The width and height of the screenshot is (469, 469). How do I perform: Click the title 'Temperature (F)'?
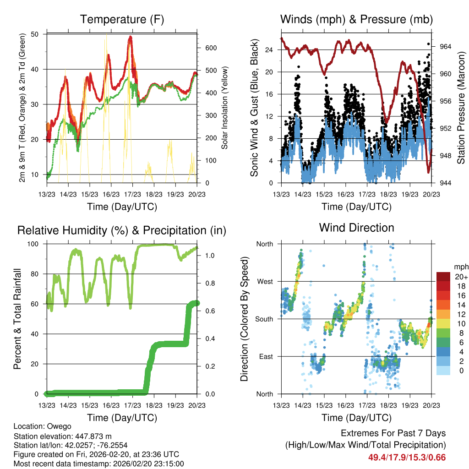122,20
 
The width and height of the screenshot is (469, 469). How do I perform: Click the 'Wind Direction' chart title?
356,228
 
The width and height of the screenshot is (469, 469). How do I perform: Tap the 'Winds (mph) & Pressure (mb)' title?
356,20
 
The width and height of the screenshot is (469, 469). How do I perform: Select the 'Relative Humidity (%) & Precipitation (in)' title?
122,230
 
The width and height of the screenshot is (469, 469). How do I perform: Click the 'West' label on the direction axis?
265,281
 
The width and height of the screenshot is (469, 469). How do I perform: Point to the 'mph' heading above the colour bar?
460,267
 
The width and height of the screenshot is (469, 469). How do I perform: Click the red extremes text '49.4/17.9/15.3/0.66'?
407,457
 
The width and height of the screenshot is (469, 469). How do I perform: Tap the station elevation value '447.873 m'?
92,436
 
